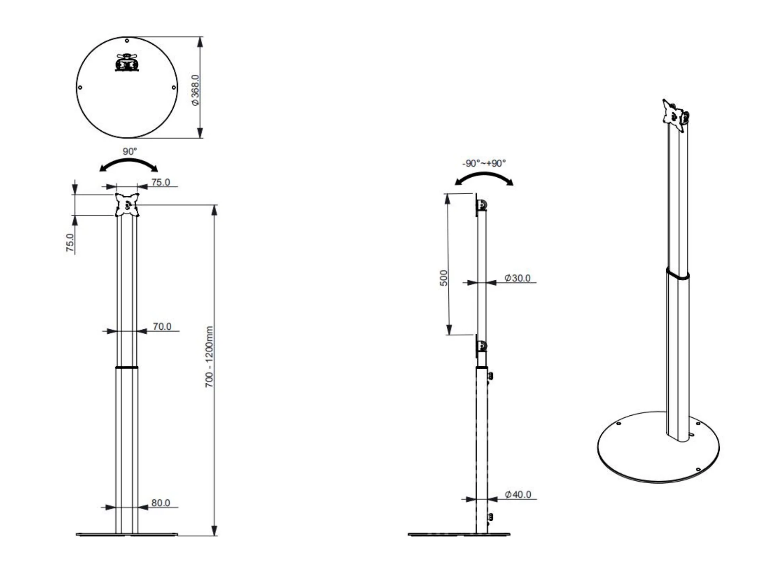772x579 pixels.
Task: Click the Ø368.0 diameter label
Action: coord(195,90)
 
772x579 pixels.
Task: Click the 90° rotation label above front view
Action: coord(129,152)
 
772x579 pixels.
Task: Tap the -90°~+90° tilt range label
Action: coord(484,163)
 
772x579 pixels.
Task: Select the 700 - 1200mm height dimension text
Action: coord(209,357)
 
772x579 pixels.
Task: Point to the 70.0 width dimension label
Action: coord(162,326)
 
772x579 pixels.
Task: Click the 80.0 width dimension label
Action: coord(160,503)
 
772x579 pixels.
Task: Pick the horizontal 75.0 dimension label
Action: coord(160,182)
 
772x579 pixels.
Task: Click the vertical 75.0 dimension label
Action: coord(70,242)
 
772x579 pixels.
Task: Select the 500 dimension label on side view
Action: coord(443,278)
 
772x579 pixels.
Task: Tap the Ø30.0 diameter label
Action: coord(517,278)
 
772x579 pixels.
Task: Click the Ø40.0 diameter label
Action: coord(518,494)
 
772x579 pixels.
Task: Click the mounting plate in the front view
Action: coord(127,205)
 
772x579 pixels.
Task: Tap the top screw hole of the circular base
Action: coord(127,41)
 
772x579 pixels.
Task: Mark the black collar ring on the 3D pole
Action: coord(677,274)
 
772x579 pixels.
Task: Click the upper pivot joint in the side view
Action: coord(482,206)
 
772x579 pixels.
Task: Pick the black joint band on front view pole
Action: coord(127,368)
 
